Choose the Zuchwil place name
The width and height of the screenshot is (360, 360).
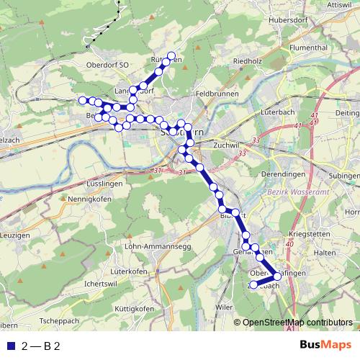point(226,144)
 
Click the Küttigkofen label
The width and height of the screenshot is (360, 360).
point(134,309)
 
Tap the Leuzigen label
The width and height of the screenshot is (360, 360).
point(17,235)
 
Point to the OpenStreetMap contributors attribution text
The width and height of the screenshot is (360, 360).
point(298,323)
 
